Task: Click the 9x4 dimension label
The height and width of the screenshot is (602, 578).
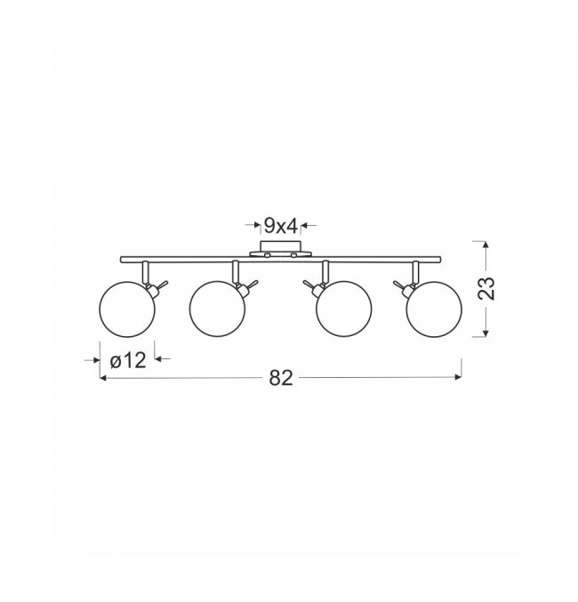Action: (x=281, y=226)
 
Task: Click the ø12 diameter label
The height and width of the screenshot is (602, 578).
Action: (x=128, y=360)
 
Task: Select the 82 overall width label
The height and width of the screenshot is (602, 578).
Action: (x=281, y=378)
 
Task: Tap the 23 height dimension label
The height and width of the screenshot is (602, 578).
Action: (x=486, y=288)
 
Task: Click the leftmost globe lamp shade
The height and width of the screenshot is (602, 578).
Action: (x=127, y=309)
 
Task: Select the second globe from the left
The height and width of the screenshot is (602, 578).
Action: (x=217, y=309)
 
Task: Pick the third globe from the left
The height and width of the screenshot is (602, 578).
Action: (x=344, y=309)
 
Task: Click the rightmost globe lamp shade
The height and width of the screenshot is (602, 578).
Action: (x=434, y=309)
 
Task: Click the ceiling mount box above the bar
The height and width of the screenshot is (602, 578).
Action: (x=280, y=246)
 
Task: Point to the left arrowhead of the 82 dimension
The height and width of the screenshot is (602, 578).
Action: (x=102, y=378)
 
